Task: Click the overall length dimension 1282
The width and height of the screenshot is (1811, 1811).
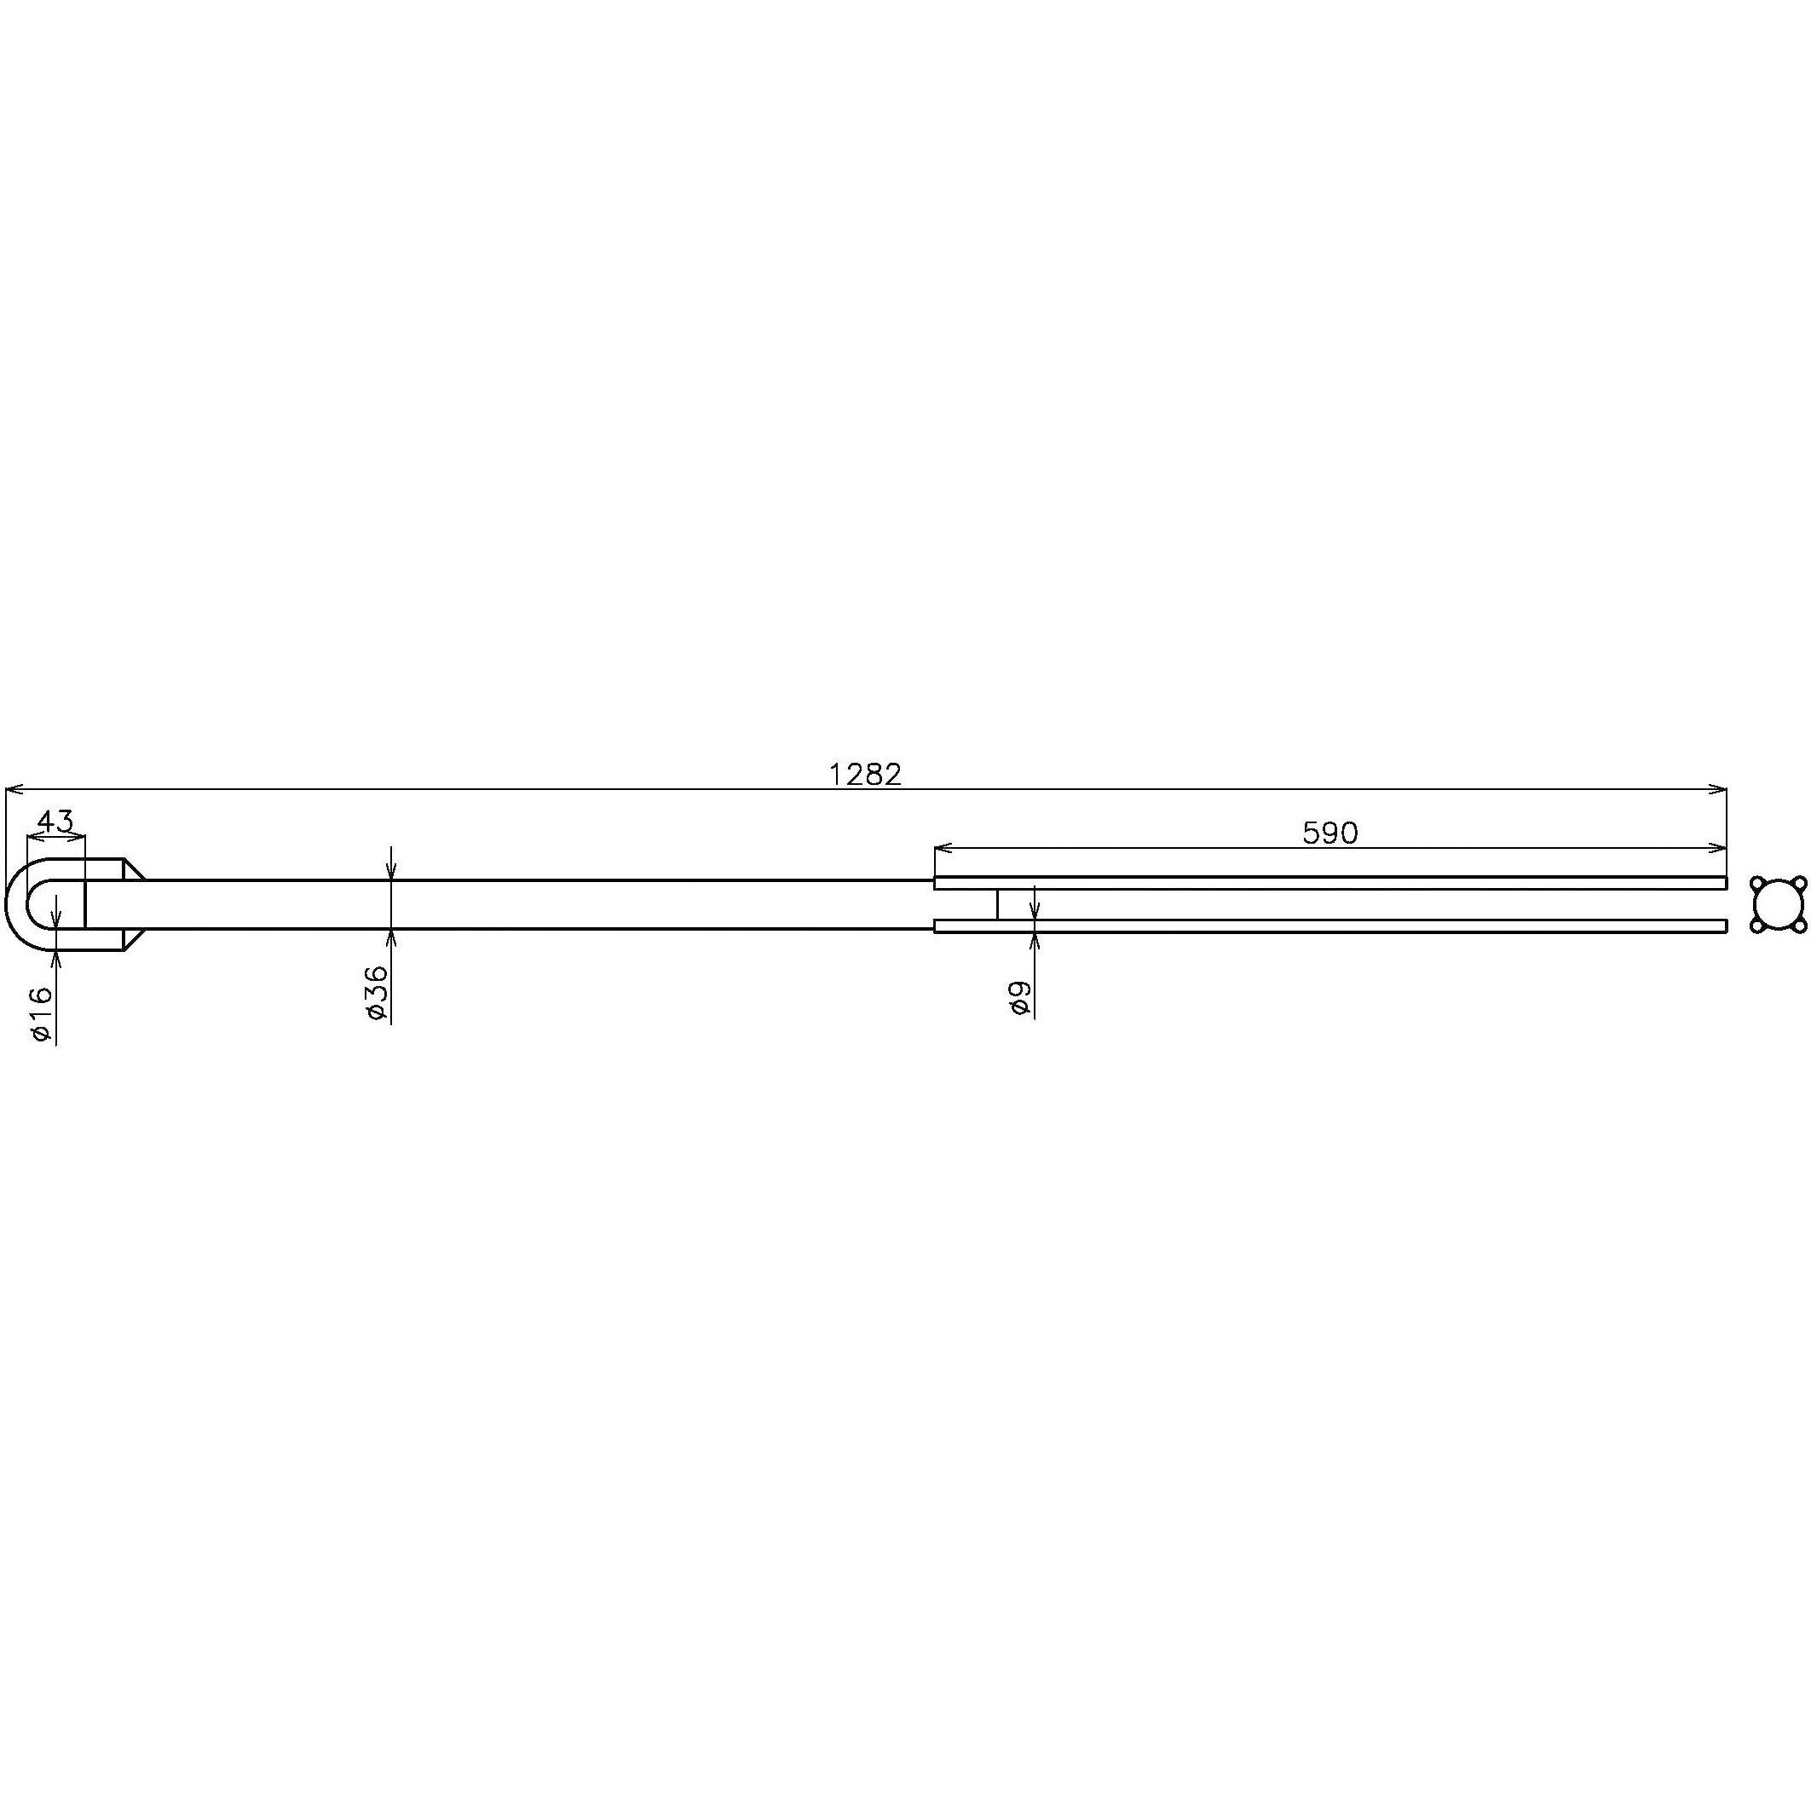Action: coord(865,775)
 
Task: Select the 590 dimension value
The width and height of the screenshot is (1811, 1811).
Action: coord(1330,833)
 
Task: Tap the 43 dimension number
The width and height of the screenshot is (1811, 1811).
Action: coord(55,822)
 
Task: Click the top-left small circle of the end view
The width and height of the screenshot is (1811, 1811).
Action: coord(1757,883)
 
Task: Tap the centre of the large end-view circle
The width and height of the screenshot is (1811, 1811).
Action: coord(1779,904)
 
